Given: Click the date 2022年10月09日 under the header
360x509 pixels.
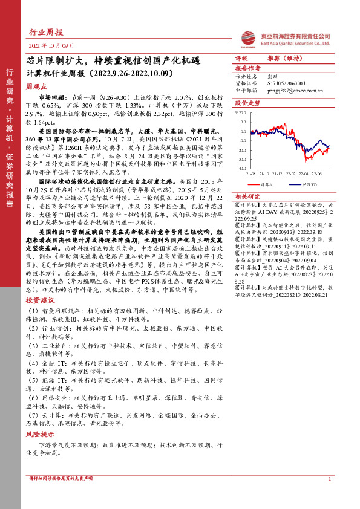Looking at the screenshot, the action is coord(51,45).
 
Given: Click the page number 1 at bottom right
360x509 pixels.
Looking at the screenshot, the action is coord(329,496).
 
